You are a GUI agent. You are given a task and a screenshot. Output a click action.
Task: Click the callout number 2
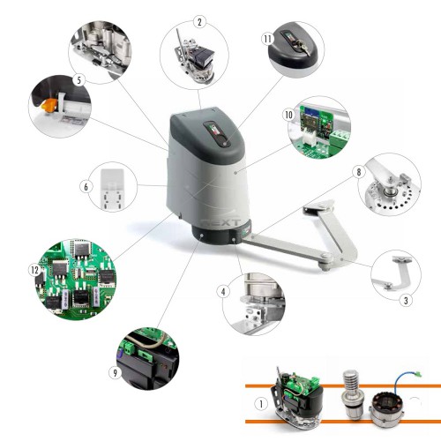tap(200, 20)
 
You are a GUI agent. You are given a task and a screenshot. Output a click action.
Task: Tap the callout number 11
tap(267, 39)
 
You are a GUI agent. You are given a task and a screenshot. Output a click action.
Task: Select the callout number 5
tap(78, 79)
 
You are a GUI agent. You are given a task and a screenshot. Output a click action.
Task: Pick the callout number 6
tap(85, 187)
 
